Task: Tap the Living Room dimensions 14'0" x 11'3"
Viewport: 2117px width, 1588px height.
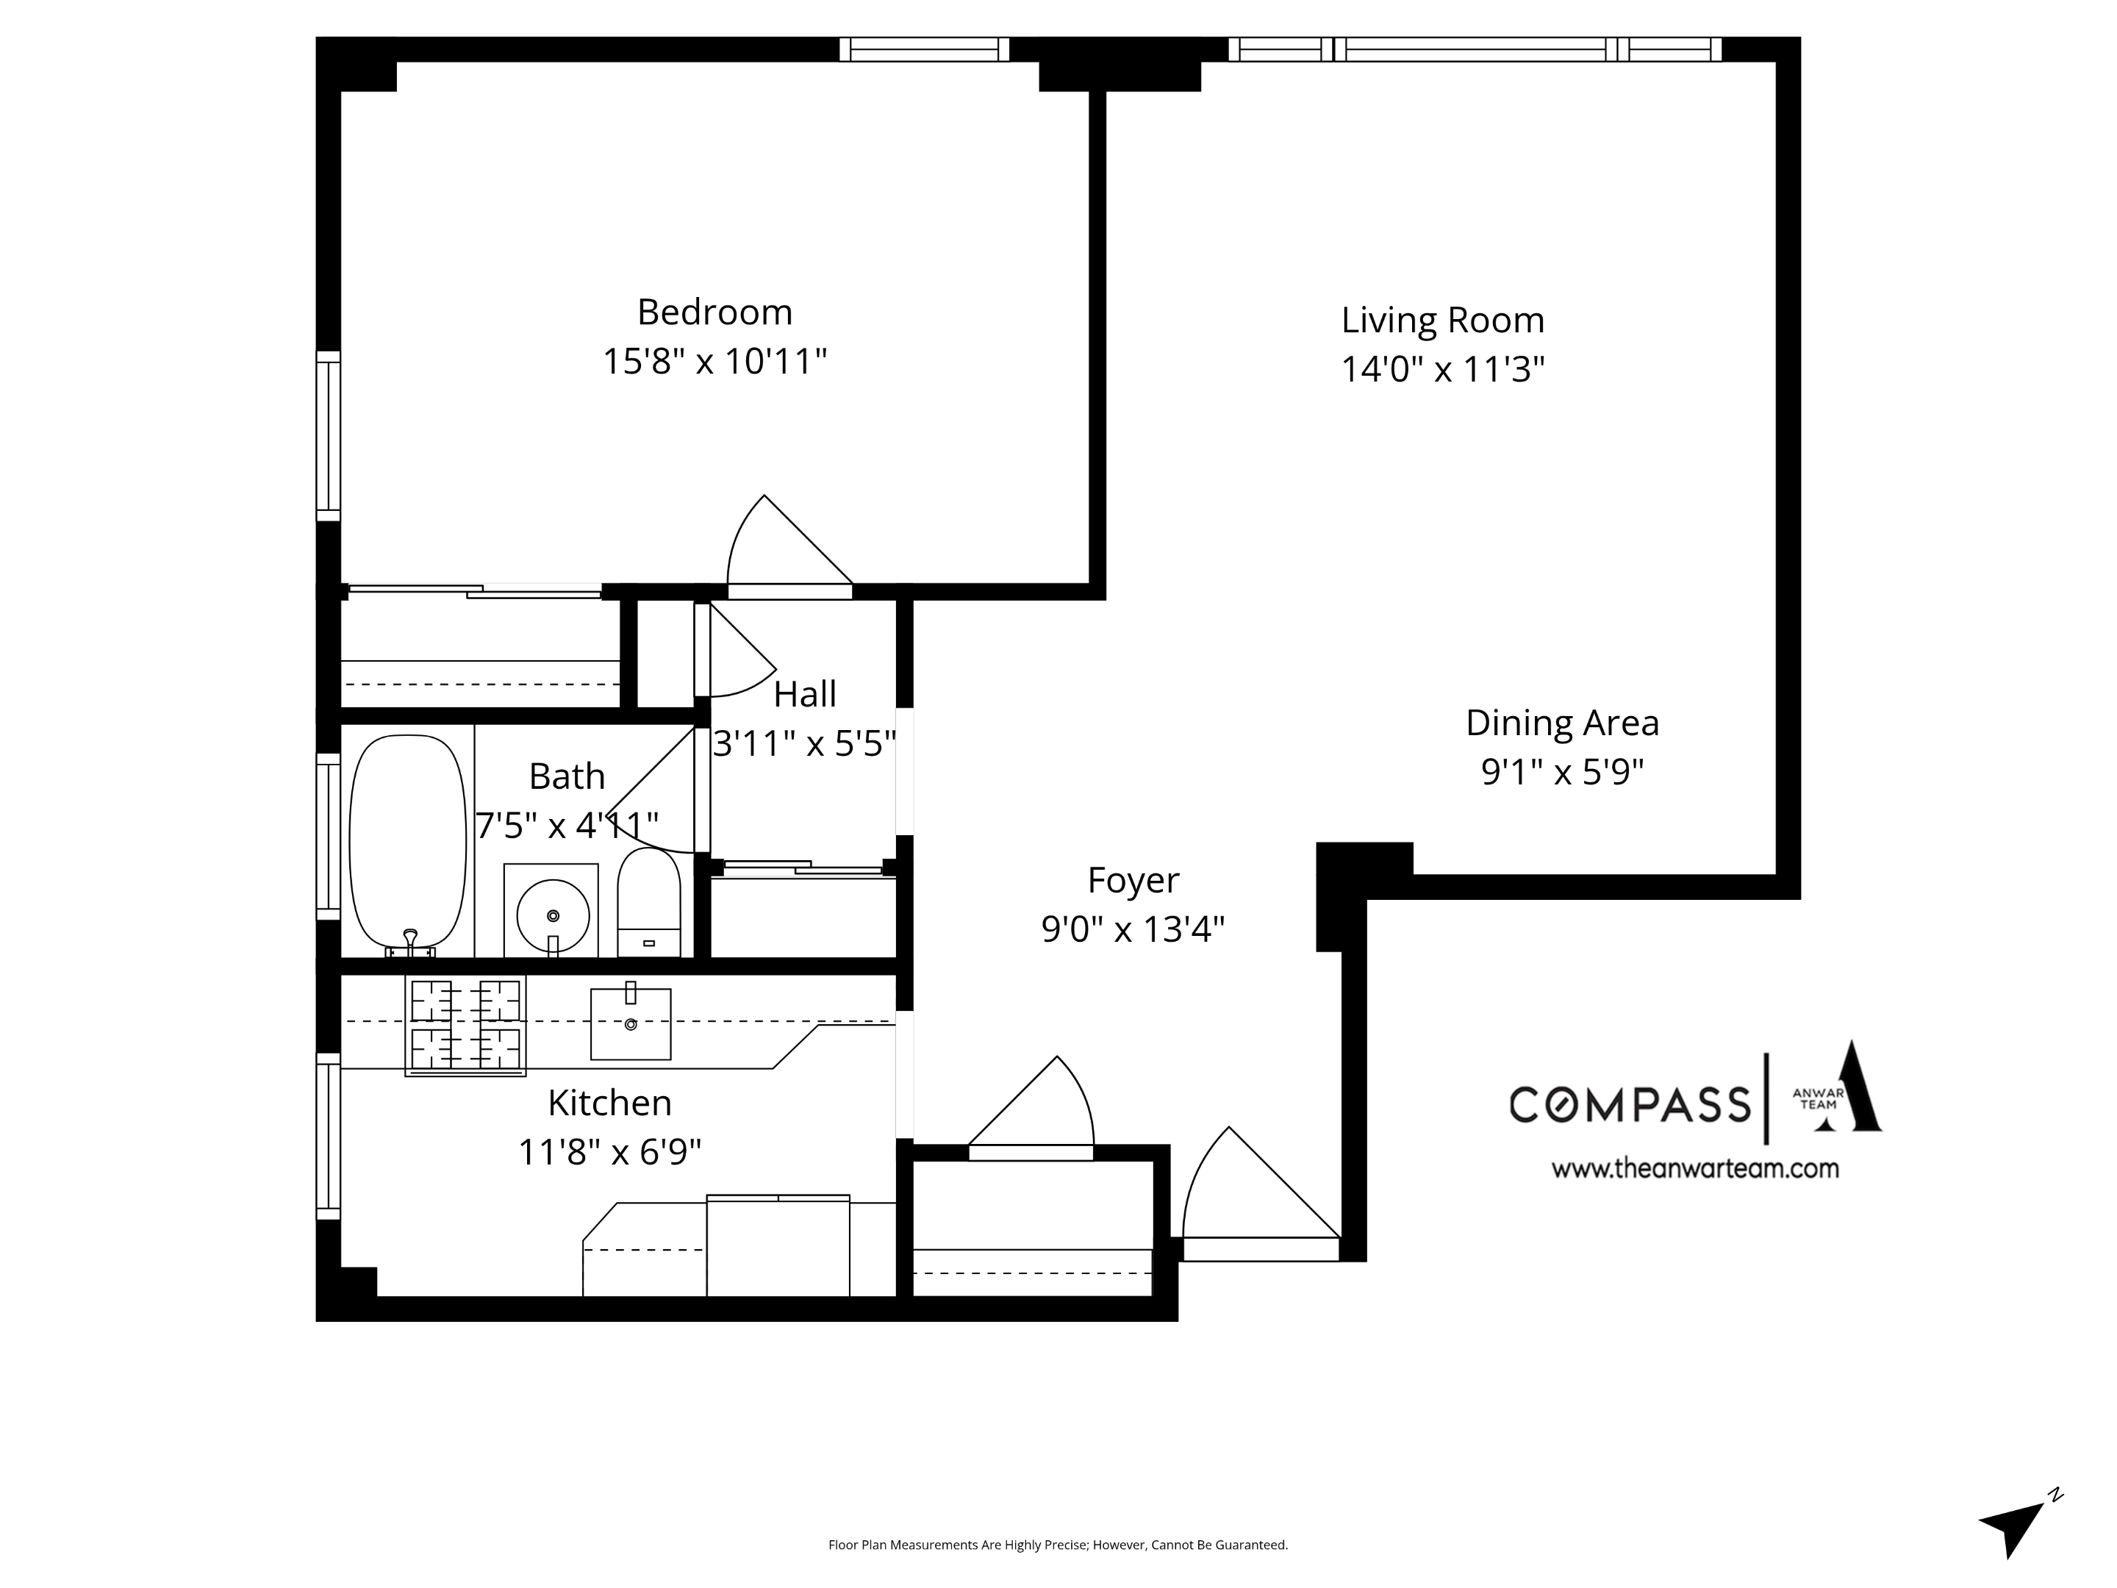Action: (x=1442, y=370)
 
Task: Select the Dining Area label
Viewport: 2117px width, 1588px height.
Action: (x=1562, y=723)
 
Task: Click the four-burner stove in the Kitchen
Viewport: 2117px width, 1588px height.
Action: (x=465, y=1025)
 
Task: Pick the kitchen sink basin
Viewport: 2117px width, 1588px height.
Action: (x=630, y=1023)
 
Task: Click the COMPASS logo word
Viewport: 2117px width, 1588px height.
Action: (x=1630, y=1104)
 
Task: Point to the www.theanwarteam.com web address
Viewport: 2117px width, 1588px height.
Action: (x=1694, y=1169)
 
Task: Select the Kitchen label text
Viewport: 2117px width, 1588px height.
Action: (x=609, y=1103)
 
